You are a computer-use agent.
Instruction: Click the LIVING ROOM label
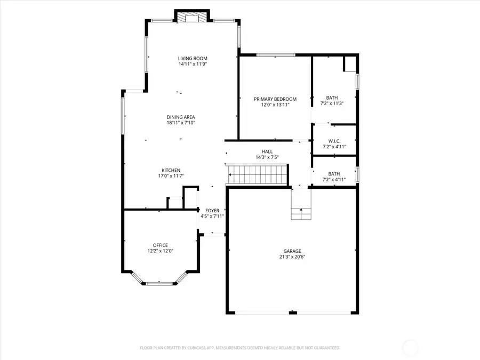[x=193, y=59]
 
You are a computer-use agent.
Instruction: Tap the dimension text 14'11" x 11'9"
[x=193, y=64]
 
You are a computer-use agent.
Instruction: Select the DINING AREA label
[x=180, y=117]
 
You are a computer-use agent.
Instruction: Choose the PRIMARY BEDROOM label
[x=275, y=99]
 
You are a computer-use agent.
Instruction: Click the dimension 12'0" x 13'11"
[x=275, y=105]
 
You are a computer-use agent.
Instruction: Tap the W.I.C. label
[x=334, y=141]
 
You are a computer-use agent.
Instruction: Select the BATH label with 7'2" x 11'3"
[x=332, y=98]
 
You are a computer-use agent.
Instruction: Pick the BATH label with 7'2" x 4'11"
[x=334, y=174]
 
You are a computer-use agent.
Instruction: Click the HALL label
[x=267, y=151]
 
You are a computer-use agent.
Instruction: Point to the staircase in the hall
[x=258, y=174]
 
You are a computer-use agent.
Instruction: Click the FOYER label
[x=212, y=211]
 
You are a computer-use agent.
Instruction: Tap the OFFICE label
[x=161, y=245]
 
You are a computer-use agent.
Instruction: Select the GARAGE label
[x=292, y=251]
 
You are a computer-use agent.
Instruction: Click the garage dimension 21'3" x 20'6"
[x=292, y=257]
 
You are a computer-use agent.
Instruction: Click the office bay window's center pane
[x=159, y=284]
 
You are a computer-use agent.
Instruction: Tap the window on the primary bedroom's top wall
[x=276, y=54]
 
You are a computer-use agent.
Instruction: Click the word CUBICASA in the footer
[x=197, y=348]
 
